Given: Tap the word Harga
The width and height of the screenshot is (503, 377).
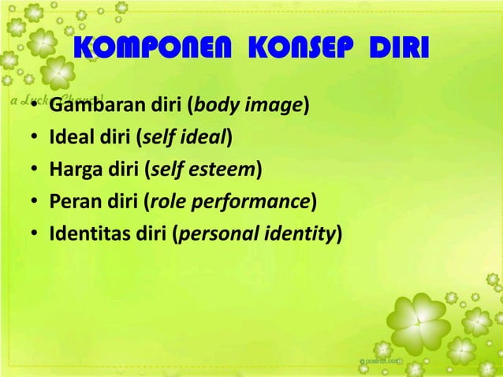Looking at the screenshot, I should pyautogui.click(x=72, y=170).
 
